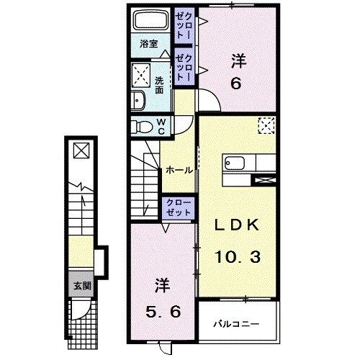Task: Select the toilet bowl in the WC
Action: (x=143, y=127)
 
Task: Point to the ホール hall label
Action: (x=179, y=170)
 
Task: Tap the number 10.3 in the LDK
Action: (x=236, y=254)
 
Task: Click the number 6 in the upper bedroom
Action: (x=235, y=83)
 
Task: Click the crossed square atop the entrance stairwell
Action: (x=81, y=150)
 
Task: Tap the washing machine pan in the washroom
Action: (x=141, y=75)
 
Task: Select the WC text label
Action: (x=161, y=127)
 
